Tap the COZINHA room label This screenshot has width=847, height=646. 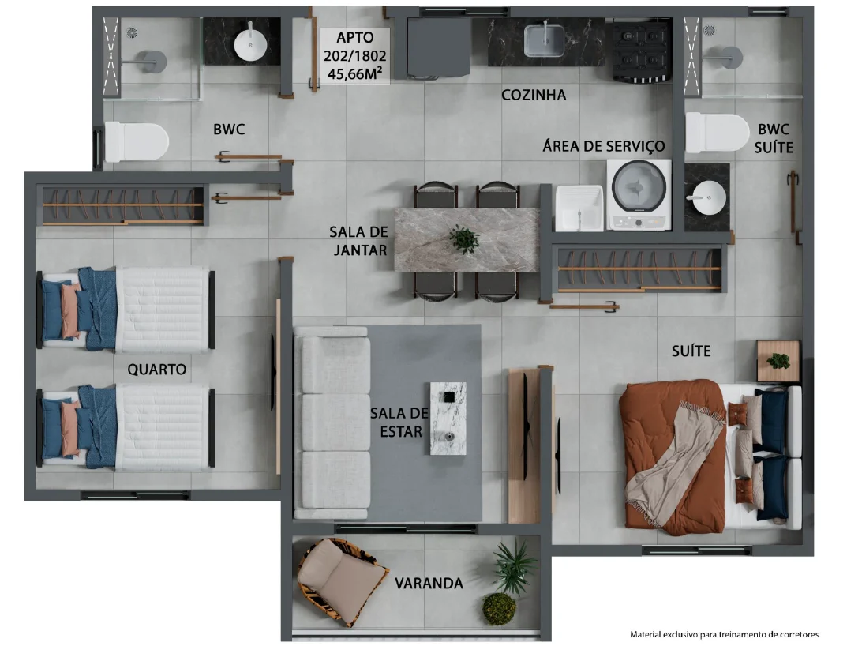pyautogui.click(x=534, y=95)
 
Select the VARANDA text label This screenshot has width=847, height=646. pyautogui.click(x=429, y=584)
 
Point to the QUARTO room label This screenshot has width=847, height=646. pyautogui.click(x=156, y=370)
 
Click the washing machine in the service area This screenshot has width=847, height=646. pyautogui.click(x=639, y=194)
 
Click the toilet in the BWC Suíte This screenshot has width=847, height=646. pyautogui.click(x=717, y=133)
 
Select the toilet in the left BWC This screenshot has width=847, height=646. pyautogui.click(x=136, y=141)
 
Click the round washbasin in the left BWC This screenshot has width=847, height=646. pyautogui.click(x=251, y=43)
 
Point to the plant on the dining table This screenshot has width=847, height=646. pyautogui.click(x=464, y=239)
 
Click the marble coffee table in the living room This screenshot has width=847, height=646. pyautogui.click(x=448, y=419)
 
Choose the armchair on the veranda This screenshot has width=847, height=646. pyautogui.click(x=341, y=581)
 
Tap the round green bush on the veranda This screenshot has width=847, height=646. pyautogui.click(x=499, y=609)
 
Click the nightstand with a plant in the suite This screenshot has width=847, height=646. pyautogui.click(x=778, y=361)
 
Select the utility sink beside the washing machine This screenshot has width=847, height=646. pyautogui.click(x=579, y=208)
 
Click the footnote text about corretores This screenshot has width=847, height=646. pyautogui.click(x=724, y=634)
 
